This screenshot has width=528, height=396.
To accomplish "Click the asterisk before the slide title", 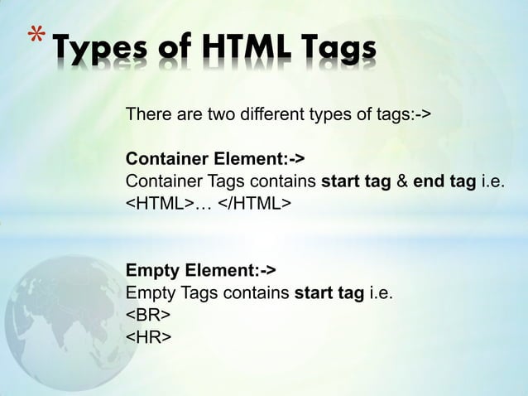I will coord(35,36).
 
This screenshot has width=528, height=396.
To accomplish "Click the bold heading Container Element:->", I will coord(208,159).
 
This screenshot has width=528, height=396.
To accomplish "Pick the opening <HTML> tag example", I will coord(159,204).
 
